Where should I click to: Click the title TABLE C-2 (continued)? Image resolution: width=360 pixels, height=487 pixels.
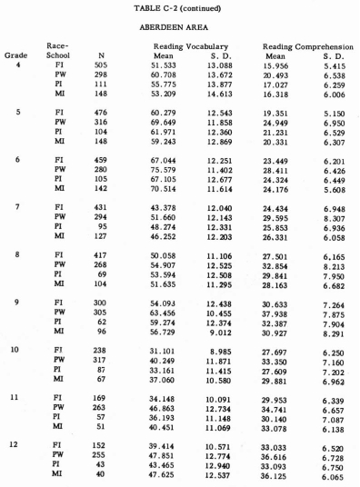(180, 8)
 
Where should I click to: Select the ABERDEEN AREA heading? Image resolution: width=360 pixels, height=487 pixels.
(180, 27)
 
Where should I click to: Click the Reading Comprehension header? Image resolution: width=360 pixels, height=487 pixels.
(306, 45)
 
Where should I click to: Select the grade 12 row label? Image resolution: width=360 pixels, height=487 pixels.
(15, 446)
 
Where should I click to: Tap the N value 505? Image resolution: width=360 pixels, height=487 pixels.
(102, 65)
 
